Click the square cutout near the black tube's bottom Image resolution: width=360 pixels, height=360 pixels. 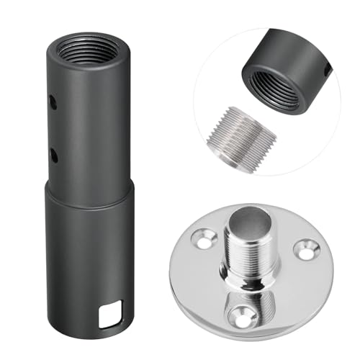[x=107, y=315]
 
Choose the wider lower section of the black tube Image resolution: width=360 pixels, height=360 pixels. [x=89, y=266]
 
